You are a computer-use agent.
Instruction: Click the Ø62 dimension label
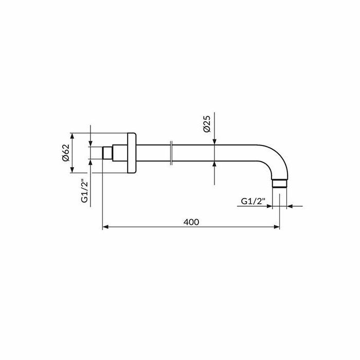[x=66, y=153]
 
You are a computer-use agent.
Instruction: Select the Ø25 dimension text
[x=207, y=124]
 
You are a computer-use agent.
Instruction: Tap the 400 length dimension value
[x=191, y=222]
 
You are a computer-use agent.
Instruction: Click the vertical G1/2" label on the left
[x=85, y=192]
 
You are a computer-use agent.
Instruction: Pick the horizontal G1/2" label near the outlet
[x=253, y=202]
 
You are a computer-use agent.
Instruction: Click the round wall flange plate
[x=132, y=153]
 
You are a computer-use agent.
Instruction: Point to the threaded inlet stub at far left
[x=107, y=153]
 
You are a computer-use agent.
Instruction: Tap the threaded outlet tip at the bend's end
[x=280, y=184]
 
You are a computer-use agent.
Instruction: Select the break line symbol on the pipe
[x=171, y=153]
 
